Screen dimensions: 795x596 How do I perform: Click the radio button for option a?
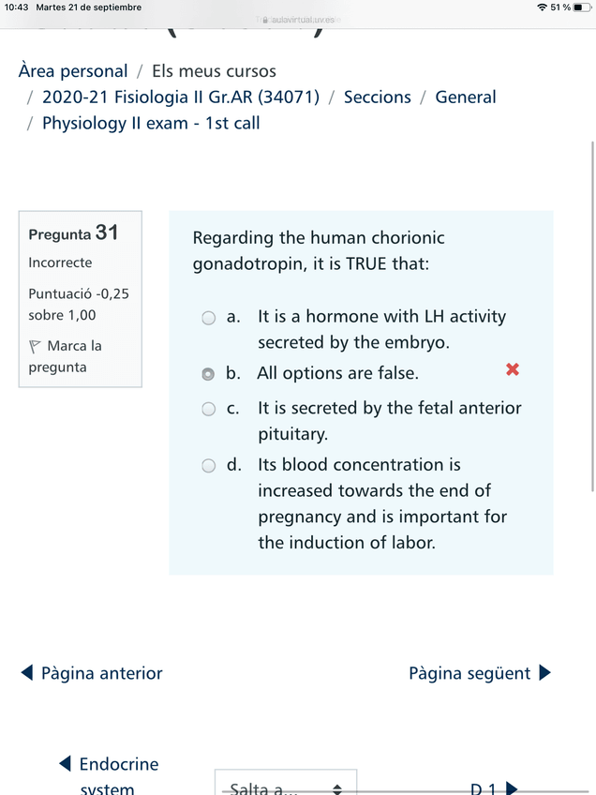(209, 318)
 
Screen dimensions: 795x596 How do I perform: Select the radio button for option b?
(209, 373)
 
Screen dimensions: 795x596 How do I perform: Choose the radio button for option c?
(209, 408)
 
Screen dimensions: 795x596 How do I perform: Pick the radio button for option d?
(209, 465)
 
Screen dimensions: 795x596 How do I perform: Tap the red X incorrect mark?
(513, 369)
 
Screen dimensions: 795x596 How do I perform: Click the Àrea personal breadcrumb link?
(73, 71)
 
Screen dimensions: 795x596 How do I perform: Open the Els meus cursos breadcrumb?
(214, 71)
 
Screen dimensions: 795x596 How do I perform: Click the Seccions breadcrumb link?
(377, 97)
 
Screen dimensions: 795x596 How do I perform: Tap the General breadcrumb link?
(466, 97)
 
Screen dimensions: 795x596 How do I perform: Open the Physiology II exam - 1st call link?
(151, 123)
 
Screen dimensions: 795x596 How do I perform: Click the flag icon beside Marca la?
(36, 346)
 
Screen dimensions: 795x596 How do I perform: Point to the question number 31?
(107, 232)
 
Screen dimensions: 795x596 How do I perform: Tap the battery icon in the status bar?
(582, 7)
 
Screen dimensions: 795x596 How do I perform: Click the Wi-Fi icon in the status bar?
(543, 7)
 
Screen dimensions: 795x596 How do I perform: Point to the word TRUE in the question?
(366, 263)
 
